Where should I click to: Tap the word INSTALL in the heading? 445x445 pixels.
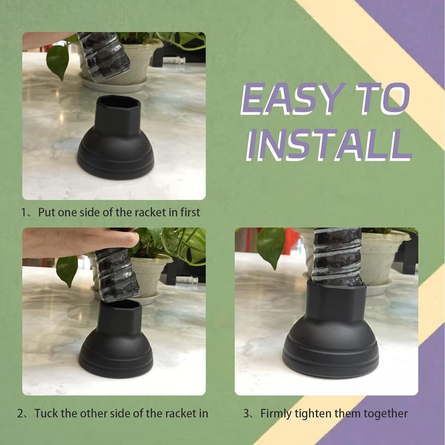[329, 145]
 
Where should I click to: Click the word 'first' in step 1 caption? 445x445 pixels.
[190, 212]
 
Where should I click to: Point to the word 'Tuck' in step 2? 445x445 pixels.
[46, 413]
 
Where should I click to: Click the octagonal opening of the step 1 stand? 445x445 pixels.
[118, 102]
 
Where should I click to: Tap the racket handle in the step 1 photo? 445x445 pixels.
[104, 56]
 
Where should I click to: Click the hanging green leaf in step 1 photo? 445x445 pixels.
[58, 61]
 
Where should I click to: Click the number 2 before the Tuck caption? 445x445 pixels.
[20, 413]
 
